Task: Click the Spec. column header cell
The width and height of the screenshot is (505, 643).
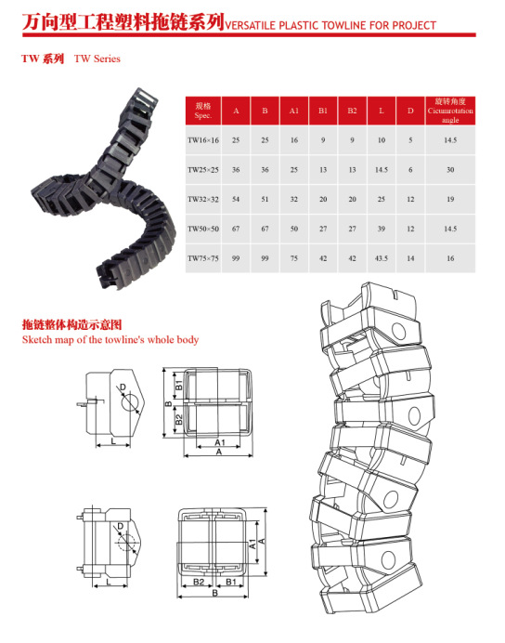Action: pyautogui.click(x=203, y=111)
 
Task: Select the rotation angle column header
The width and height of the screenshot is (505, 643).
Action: pyautogui.click(x=450, y=111)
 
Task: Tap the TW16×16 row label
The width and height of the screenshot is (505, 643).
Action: pyautogui.click(x=203, y=140)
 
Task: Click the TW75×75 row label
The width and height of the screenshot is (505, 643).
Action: pyautogui.click(x=203, y=258)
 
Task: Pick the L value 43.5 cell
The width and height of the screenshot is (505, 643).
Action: pyautogui.click(x=382, y=258)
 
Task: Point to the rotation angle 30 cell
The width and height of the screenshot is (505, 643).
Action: pyautogui.click(x=450, y=170)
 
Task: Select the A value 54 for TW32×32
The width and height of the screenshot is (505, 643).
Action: pyautogui.click(x=236, y=199)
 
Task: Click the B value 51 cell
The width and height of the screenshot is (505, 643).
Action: pyautogui.click(x=265, y=199)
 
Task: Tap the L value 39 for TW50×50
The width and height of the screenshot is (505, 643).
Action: pyautogui.click(x=382, y=229)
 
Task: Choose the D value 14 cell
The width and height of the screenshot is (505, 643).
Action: pyautogui.click(x=410, y=258)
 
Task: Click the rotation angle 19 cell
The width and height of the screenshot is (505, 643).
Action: pyautogui.click(x=450, y=199)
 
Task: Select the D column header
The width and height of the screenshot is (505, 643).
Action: pyautogui.click(x=410, y=111)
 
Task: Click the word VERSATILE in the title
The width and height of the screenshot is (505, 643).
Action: pyautogui.click(x=251, y=25)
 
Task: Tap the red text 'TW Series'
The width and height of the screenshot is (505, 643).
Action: pyautogui.click(x=97, y=59)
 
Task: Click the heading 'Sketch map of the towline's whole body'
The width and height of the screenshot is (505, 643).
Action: pyautogui.click(x=110, y=340)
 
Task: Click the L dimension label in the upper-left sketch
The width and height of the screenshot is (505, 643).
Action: pyautogui.click(x=113, y=441)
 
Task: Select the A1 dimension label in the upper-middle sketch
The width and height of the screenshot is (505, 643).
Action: pyautogui.click(x=220, y=442)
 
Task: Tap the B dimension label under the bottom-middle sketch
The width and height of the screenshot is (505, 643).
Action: pyautogui.click(x=214, y=593)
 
